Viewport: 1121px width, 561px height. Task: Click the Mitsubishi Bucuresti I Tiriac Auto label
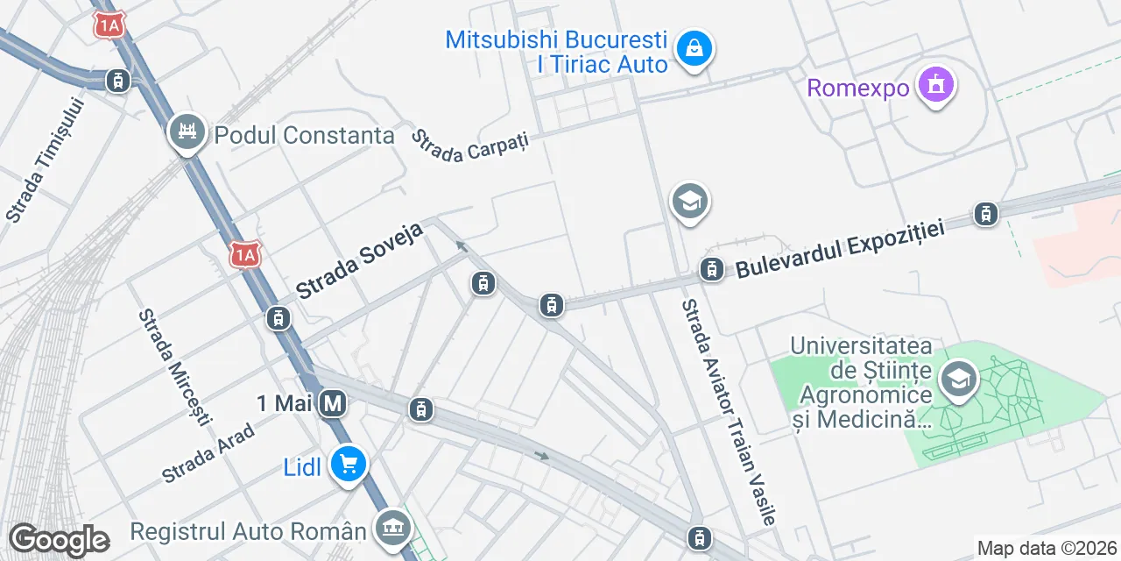point(557,52)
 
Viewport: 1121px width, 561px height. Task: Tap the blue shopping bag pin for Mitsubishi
point(694,50)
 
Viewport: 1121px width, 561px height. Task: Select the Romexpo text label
point(857,88)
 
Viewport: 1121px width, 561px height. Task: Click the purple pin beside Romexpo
point(936,86)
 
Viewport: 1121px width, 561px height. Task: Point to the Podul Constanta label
point(304,136)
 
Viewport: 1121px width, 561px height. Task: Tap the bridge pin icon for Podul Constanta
point(186,132)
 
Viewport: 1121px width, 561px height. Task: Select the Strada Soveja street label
point(360,259)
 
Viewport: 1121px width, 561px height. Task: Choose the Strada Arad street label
point(208,453)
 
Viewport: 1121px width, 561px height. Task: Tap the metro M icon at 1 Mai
point(332,404)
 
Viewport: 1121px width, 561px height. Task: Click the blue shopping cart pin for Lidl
point(349,465)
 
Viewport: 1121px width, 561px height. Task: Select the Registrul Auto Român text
point(248,531)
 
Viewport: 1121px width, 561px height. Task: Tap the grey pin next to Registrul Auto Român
point(391,528)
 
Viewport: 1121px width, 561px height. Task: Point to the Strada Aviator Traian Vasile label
point(728,413)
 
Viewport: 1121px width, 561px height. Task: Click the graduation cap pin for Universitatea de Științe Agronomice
point(959,380)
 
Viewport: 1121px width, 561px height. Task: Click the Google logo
point(59,540)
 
